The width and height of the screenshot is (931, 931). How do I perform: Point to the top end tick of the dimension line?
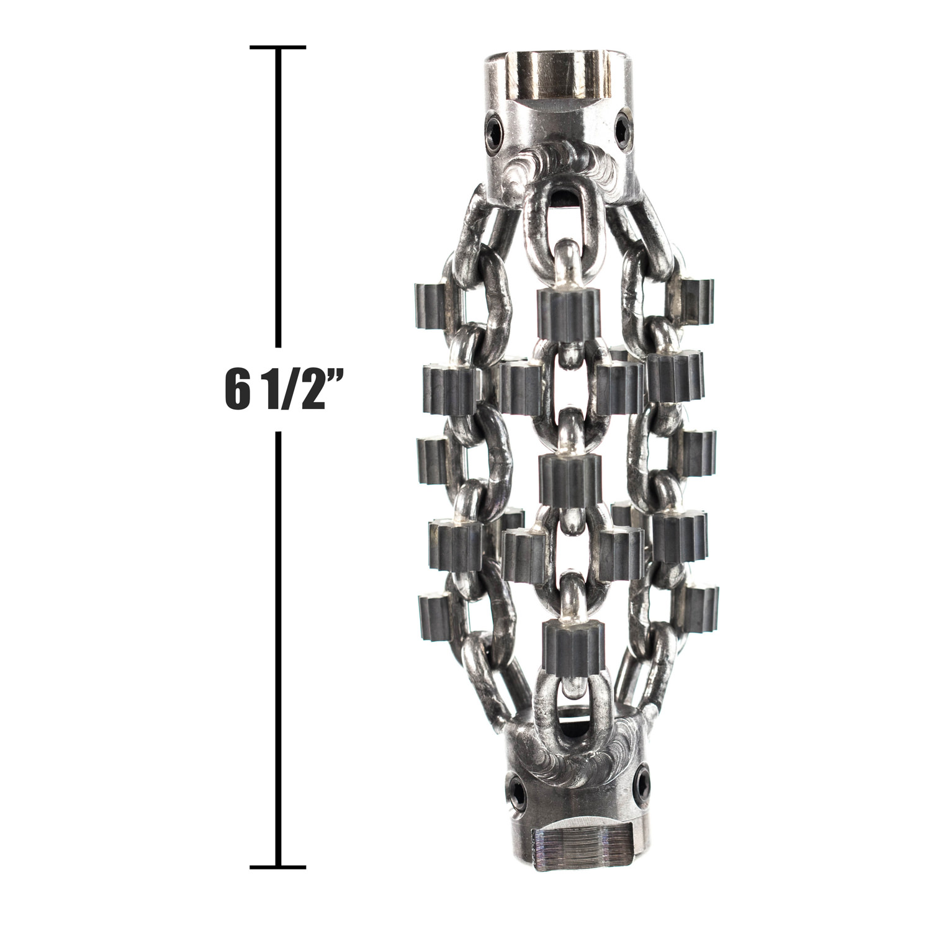coord(277,47)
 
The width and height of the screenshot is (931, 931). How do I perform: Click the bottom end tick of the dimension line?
coord(277,866)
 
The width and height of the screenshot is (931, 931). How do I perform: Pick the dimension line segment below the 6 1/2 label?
coord(278,649)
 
